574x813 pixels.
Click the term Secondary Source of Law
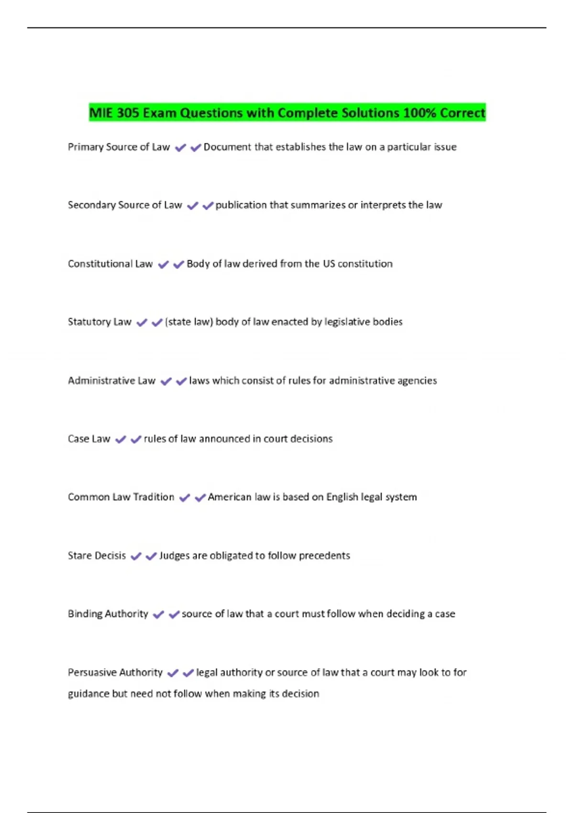125,205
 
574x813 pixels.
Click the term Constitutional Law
110,264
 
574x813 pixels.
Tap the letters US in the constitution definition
329,264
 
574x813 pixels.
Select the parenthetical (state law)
189,322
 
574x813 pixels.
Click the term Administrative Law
111,381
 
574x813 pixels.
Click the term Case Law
89,439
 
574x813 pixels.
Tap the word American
229,497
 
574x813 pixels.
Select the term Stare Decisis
97,556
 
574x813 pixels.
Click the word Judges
174,556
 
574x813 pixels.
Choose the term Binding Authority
108,614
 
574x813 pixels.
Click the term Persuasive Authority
115,672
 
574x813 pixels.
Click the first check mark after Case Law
121,439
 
